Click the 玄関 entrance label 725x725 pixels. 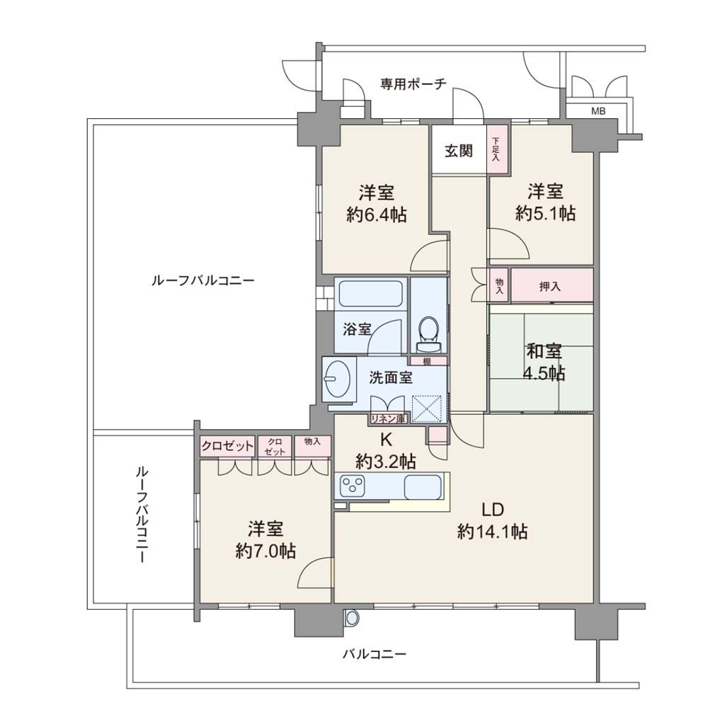point(459,151)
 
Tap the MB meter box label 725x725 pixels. point(598,111)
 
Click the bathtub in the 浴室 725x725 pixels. point(370,294)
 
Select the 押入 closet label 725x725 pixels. point(549,287)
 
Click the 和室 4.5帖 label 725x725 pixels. point(544,362)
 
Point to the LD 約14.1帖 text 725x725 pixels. point(493,520)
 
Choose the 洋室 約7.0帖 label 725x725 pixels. point(266,540)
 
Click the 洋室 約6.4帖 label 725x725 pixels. point(377,203)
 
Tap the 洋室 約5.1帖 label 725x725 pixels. point(546,202)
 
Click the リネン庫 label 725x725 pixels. point(388,419)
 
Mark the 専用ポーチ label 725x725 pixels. point(413,84)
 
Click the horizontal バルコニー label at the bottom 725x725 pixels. point(375,654)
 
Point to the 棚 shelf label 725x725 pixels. point(427,361)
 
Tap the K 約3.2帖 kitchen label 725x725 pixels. point(386,451)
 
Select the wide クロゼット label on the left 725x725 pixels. point(227,446)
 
